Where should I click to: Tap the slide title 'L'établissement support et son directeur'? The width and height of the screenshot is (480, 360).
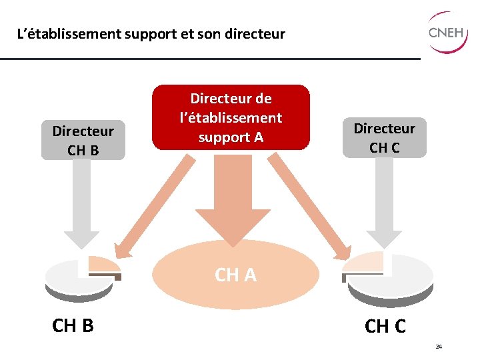click(151, 33)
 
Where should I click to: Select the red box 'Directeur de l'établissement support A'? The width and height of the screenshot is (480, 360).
click(231, 117)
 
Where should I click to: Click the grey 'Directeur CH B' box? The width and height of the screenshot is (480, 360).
click(83, 140)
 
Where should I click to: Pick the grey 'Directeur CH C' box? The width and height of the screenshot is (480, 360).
click(384, 138)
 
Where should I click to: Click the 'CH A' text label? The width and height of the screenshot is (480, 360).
click(235, 275)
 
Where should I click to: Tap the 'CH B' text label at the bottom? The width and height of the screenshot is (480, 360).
click(73, 325)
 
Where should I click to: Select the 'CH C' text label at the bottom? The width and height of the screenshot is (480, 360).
click(385, 327)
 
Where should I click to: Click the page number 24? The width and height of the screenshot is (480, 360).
click(439, 347)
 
